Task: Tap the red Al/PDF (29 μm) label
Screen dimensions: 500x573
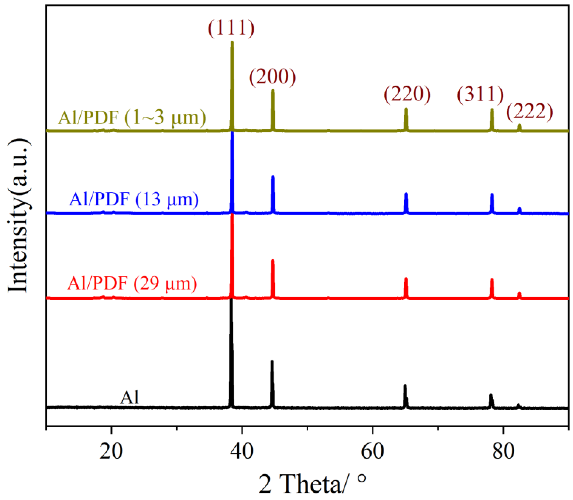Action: tap(132, 283)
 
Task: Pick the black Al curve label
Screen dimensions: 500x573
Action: tap(129, 398)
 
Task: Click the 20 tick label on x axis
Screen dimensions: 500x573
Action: tap(111, 452)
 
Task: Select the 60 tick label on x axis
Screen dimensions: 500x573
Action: tap(372, 452)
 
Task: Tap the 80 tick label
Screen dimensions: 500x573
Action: tap(503, 452)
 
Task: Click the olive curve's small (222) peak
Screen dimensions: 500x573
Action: tap(519, 125)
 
